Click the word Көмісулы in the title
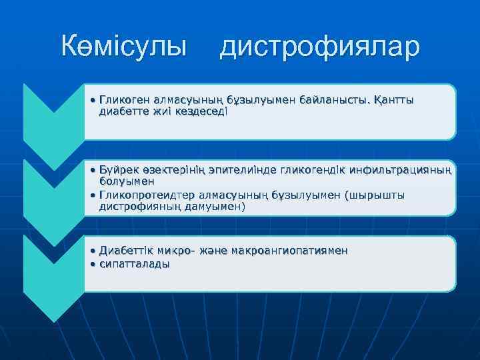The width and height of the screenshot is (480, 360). (x=124, y=47)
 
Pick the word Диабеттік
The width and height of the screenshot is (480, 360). (x=126, y=251)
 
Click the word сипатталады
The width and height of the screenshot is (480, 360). (x=134, y=264)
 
